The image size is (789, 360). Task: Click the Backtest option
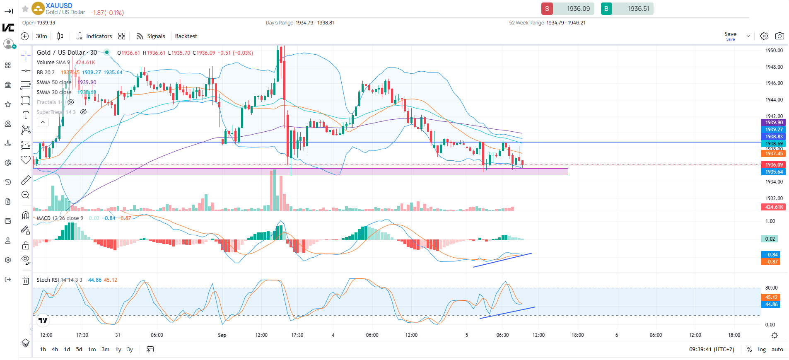tap(186, 36)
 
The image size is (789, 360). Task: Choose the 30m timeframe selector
tap(41, 36)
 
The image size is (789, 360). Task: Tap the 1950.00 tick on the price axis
tap(774, 51)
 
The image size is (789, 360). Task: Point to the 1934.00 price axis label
tap(774, 182)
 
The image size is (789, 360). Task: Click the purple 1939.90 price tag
tap(774, 123)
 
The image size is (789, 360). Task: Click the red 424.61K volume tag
tap(774, 207)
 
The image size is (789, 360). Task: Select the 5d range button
tap(79, 350)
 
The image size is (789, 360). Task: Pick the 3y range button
tap(130, 350)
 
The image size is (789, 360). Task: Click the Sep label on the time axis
tap(222, 335)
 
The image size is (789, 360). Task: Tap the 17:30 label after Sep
tap(297, 335)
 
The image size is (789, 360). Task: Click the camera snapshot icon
tap(779, 36)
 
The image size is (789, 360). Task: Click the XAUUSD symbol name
tap(59, 6)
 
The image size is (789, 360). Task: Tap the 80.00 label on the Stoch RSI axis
tap(771, 288)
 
